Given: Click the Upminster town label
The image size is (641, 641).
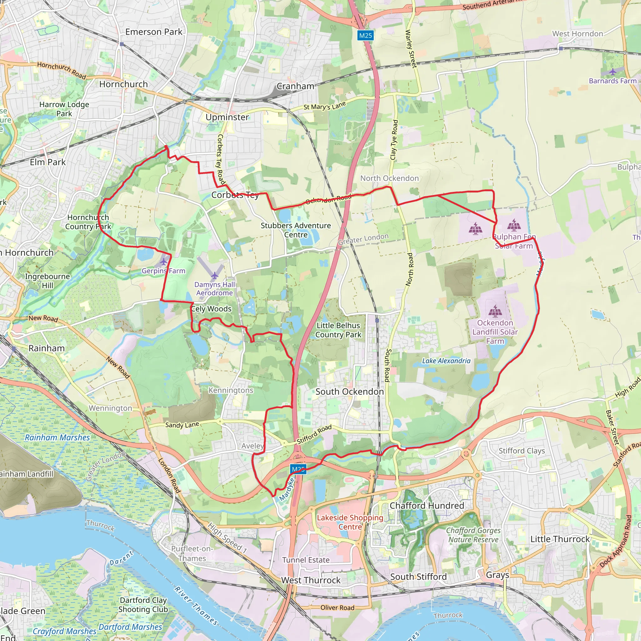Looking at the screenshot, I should (227, 117).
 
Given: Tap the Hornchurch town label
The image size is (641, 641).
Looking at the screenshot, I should (123, 84).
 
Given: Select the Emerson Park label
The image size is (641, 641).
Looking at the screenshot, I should (154, 32).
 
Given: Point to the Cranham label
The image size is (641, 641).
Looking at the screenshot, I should (295, 86).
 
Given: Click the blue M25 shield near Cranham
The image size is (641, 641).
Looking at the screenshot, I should (365, 35).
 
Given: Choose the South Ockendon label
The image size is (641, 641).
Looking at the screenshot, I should (349, 392).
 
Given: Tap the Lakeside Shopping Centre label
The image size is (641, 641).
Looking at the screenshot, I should (350, 522).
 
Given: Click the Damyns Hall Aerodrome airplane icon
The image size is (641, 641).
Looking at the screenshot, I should (215, 275).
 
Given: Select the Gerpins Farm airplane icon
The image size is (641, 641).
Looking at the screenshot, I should (164, 262).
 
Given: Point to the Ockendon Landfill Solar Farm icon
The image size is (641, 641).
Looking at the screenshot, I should (495, 311).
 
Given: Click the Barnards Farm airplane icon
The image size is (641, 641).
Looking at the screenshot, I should (613, 72).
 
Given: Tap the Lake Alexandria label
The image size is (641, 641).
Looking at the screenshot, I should (446, 361).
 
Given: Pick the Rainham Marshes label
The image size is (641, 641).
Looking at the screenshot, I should (57, 437).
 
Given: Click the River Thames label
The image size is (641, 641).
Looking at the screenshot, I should (196, 605).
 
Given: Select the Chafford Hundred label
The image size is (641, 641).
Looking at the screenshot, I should (427, 506).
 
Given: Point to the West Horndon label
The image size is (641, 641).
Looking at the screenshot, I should (577, 34).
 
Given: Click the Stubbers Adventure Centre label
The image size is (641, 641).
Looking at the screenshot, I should (295, 230).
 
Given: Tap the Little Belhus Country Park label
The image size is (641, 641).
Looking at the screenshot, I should (338, 330).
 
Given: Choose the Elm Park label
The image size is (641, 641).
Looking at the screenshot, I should (48, 162).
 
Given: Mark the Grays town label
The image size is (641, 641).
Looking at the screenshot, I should (497, 575).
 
